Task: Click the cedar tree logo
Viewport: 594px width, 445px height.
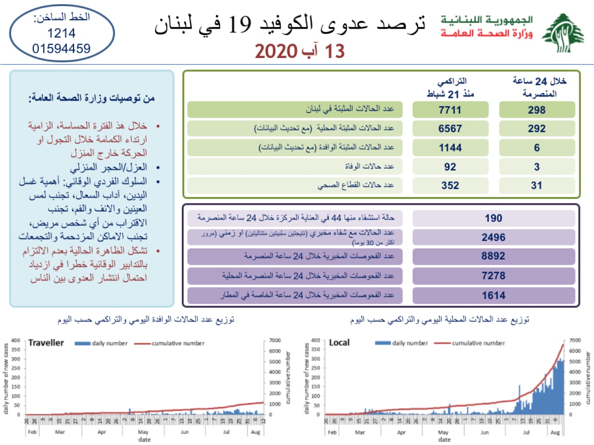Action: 563,33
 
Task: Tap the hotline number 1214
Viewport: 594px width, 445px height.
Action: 61,33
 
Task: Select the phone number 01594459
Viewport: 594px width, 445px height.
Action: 61,48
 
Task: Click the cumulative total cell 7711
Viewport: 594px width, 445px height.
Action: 450,110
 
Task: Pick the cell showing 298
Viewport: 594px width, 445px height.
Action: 536,110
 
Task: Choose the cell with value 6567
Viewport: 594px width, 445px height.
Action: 450,128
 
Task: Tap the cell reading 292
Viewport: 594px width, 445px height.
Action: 536,128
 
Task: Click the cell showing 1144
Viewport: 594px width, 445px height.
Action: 450,147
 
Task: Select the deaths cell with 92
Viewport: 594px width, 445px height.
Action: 450,166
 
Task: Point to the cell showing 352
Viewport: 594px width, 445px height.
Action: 450,185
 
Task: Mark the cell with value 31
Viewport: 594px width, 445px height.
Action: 536,185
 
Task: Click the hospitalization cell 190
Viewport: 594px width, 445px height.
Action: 493,218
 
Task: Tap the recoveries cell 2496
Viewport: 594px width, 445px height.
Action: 493,237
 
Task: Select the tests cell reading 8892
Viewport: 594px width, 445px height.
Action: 493,256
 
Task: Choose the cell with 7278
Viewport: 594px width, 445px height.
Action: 493,276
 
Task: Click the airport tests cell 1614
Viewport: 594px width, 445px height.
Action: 493,295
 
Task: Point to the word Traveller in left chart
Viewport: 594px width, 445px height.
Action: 46,343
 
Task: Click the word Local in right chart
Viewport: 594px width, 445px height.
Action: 339,343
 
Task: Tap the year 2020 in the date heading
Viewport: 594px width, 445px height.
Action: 276,51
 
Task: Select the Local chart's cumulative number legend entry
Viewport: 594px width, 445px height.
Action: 478,343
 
